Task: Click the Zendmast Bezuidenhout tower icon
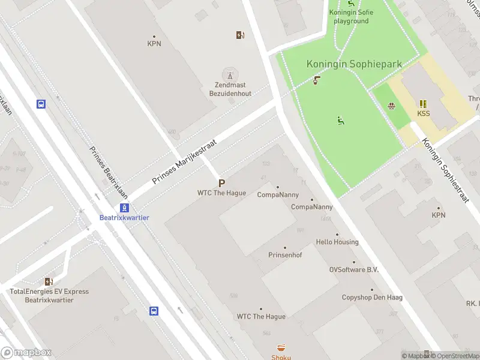click(228, 75)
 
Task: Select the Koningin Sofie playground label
click(351, 17)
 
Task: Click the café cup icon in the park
click(316, 80)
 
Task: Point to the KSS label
click(423, 113)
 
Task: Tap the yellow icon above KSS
click(423, 103)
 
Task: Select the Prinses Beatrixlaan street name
click(109, 173)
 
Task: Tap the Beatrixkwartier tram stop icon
click(124, 208)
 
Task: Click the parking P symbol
click(221, 184)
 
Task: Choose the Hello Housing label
click(337, 242)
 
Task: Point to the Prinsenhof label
click(284, 255)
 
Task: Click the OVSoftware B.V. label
click(354, 270)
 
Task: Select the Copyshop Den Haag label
click(366, 298)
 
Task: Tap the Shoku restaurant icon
click(281, 347)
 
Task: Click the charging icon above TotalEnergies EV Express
click(49, 281)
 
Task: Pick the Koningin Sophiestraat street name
click(445, 171)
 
